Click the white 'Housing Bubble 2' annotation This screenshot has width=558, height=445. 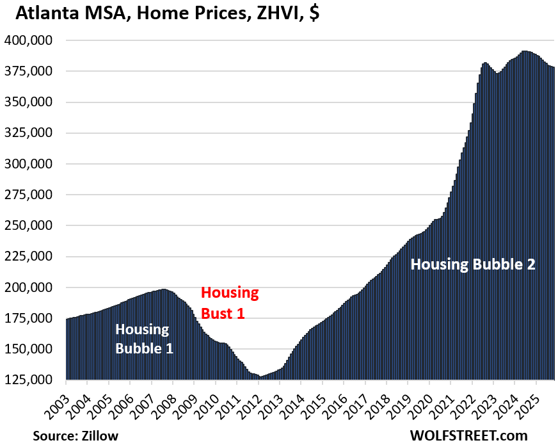[x=472, y=264]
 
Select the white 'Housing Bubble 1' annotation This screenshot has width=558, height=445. [x=143, y=339]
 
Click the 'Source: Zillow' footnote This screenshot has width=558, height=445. [x=76, y=435]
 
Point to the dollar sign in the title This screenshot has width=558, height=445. [x=314, y=13]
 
